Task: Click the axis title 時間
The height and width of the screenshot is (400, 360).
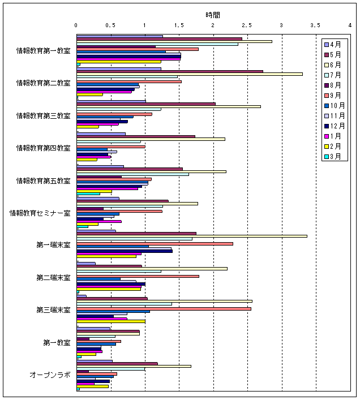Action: pos(213,15)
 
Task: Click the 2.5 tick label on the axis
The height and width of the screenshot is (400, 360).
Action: pos(247,25)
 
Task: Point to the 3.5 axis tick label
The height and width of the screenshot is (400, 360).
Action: pos(315,25)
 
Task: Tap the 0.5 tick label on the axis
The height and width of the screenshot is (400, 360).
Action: pos(110,25)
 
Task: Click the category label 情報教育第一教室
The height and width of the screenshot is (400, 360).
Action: pos(44,51)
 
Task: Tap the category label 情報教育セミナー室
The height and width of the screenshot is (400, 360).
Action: pos(40,213)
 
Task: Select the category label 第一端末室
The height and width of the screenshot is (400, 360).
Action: pos(53,246)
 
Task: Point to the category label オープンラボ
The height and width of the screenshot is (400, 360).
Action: pos(50,375)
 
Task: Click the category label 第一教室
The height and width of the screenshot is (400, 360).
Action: pos(57,343)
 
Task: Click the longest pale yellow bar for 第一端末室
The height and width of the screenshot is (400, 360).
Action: pos(191,236)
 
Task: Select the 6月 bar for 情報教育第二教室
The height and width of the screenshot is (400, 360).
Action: pos(189,74)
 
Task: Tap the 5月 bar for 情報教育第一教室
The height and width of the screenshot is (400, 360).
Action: pos(159,38)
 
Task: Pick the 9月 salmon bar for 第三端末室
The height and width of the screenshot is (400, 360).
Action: pos(164,308)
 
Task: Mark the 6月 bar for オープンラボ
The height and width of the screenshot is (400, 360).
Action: pos(134,366)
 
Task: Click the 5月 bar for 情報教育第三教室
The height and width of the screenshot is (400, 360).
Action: pos(145,104)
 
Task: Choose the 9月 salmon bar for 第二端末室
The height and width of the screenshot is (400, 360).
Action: pos(138,276)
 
